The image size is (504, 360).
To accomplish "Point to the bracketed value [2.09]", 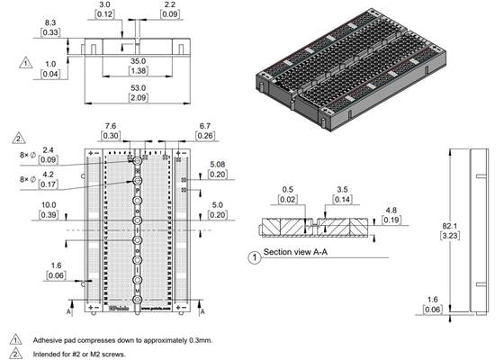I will click(137, 98).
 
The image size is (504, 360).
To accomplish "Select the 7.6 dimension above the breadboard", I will click(111, 127).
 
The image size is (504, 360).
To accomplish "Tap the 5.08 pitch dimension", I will click(218, 165).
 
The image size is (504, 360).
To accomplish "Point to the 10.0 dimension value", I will click(48, 205).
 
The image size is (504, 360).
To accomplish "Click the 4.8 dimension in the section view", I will click(390, 210).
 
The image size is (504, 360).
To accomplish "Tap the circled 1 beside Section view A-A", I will click(255, 256).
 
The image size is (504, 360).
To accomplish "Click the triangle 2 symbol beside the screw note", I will click(16, 354).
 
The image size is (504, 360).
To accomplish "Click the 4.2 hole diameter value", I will click(49, 175).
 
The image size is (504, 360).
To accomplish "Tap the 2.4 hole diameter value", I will click(49, 150).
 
